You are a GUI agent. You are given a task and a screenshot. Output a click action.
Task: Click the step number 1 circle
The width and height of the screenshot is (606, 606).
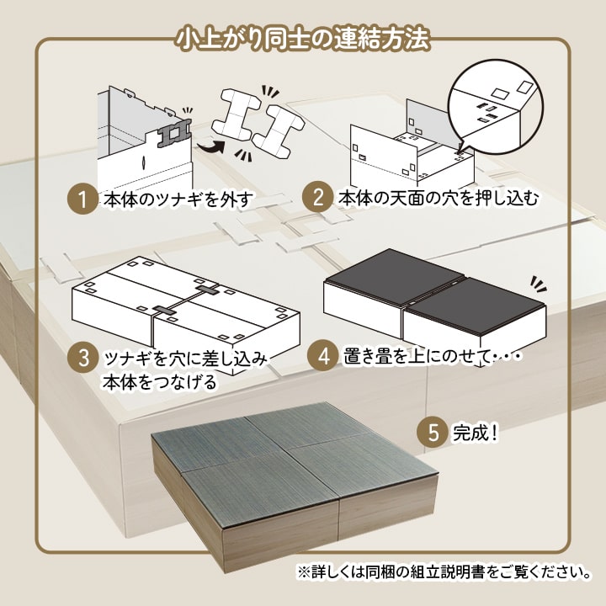point(82,200)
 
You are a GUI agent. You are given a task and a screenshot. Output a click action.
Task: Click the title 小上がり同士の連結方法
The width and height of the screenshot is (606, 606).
point(302,39)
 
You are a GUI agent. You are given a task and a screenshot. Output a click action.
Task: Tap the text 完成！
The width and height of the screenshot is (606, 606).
point(476,434)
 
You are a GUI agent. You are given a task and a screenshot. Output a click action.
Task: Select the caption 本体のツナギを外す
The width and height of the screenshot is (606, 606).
point(177,200)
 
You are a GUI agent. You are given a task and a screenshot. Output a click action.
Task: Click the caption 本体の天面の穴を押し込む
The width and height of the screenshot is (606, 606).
point(438,199)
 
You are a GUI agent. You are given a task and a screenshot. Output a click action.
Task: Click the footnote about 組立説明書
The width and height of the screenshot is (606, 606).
point(443,572)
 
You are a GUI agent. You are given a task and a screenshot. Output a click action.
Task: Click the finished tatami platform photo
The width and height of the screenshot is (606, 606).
point(295,488)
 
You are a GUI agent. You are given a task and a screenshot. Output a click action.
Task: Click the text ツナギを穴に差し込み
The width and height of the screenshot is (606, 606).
point(185,358)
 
